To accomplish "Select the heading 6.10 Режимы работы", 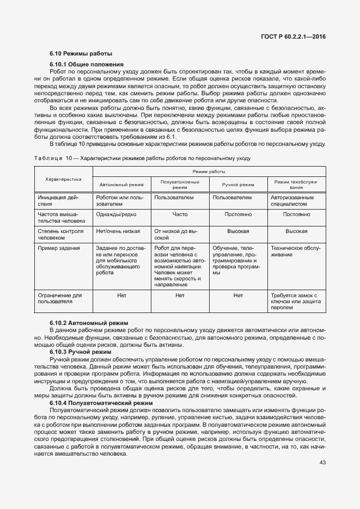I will tap(81, 54).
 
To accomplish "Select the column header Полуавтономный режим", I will tap(180, 185).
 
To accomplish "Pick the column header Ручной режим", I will tap(238, 185).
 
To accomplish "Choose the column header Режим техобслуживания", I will tap(296, 185).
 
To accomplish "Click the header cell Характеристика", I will tap(63, 178).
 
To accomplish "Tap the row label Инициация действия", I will tap(59, 201).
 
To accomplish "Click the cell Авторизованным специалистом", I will tap(292, 201).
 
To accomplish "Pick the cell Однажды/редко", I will tap(116, 214).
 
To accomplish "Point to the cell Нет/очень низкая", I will tap(118, 231).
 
